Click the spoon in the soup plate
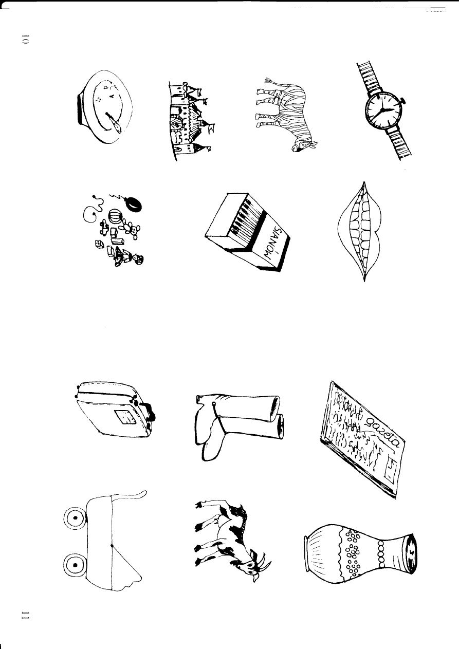click(113, 121)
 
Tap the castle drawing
click(191, 121)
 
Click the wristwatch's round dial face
click(381, 110)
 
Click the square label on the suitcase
click(125, 418)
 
